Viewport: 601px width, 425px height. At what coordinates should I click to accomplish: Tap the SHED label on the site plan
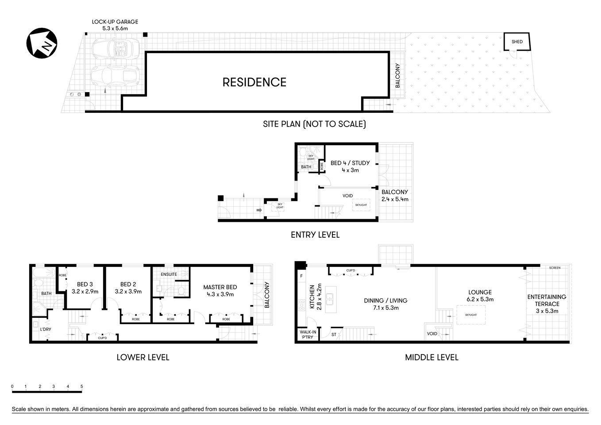click(517, 42)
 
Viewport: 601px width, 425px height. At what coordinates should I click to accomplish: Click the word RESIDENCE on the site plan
click(254, 82)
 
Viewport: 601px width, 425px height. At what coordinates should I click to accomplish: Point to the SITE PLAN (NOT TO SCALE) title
click(314, 124)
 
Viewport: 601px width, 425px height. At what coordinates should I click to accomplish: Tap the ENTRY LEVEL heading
click(315, 235)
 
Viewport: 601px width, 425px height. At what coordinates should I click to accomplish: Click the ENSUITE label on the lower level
click(169, 274)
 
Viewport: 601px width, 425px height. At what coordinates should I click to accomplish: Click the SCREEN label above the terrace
click(554, 268)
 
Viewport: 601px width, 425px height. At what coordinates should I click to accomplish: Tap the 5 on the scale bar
click(82, 386)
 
